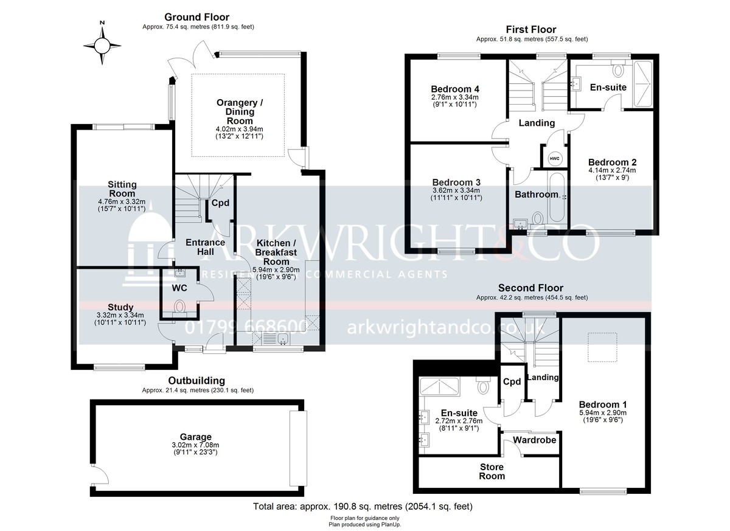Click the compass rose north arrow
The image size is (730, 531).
102,33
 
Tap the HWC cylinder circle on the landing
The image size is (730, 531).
554,159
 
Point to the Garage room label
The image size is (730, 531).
195,437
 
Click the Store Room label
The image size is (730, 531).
492,471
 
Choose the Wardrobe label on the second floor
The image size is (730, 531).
535,440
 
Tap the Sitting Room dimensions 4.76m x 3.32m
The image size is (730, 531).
122,202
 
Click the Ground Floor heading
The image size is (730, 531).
197,17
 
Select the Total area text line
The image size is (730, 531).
363,506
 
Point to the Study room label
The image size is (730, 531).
120,307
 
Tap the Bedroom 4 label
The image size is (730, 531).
455,89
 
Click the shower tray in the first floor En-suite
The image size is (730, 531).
642,84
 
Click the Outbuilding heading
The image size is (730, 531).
196,381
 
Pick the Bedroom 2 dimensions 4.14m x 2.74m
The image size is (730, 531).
612,170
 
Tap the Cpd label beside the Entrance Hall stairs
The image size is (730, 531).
220,203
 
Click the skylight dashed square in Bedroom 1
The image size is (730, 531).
602,347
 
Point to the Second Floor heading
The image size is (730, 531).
530,288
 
